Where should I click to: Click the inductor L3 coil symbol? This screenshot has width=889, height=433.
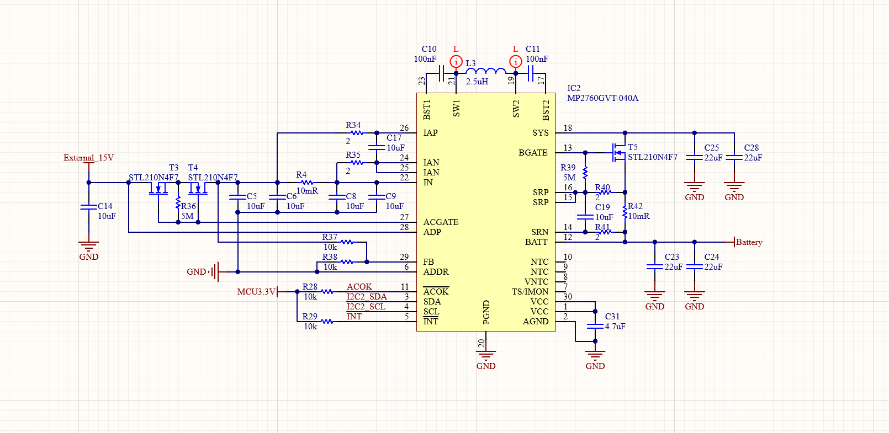pyautogui.click(x=486, y=71)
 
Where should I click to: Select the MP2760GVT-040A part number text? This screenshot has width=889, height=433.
pyautogui.click(x=602, y=98)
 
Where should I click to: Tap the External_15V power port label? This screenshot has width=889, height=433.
pyautogui.click(x=88, y=158)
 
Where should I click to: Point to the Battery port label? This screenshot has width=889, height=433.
pyautogui.click(x=749, y=242)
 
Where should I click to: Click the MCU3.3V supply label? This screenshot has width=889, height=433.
pyautogui.click(x=256, y=292)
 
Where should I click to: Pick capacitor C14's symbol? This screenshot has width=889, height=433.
pyautogui.click(x=88, y=207)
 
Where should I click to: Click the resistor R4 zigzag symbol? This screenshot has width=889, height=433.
pyautogui.click(x=307, y=183)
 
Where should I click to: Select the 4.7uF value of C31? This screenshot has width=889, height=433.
pyautogui.click(x=615, y=327)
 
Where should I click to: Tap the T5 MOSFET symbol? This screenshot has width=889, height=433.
pyautogui.click(x=618, y=153)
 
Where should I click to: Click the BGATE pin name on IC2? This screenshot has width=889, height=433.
pyautogui.click(x=533, y=153)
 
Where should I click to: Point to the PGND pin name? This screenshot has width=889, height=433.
pyautogui.click(x=486, y=312)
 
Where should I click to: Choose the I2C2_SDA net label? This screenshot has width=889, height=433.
pyautogui.click(x=366, y=297)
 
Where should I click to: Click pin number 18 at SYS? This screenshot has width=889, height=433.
pyautogui.click(x=568, y=127)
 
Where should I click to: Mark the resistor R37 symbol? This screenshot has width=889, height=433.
pyautogui.click(x=346, y=242)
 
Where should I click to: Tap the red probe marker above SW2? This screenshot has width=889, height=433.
pyautogui.click(x=516, y=61)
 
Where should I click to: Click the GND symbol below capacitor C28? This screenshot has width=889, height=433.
pyautogui.click(x=734, y=187)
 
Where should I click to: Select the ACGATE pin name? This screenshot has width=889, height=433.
pyautogui.click(x=441, y=222)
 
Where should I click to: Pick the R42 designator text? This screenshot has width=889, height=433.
pyautogui.click(x=635, y=206)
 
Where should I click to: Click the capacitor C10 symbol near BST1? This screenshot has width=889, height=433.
pyautogui.click(x=441, y=73)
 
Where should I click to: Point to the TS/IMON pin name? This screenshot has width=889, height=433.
pyautogui.click(x=530, y=292)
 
